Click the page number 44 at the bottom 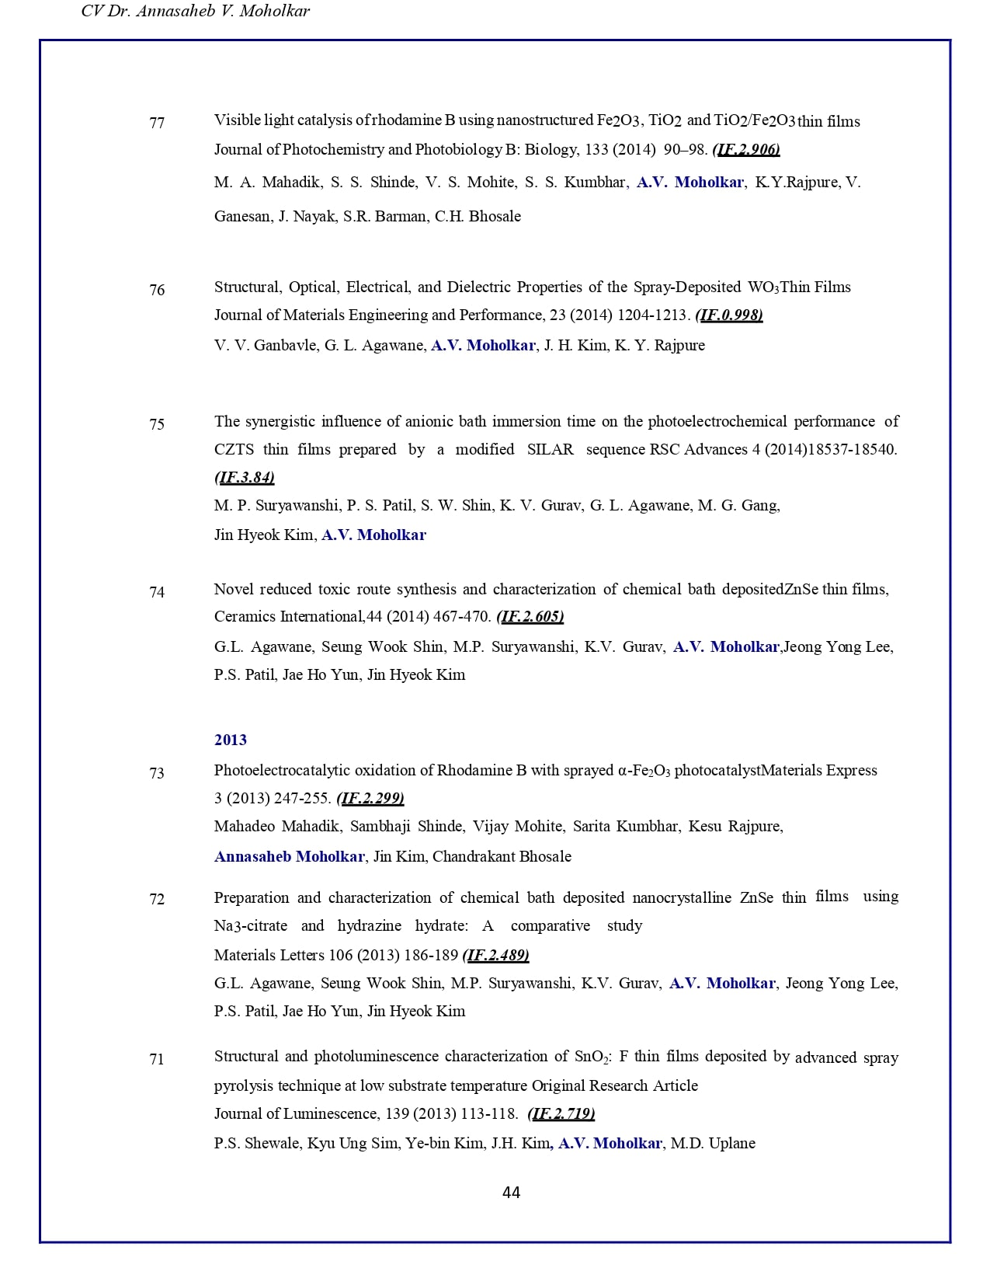point(511,1193)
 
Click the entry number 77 point(157,123)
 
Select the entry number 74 point(157,592)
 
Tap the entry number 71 point(157,1059)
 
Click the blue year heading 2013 point(231,740)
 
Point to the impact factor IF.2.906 point(746,149)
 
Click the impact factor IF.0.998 point(729,315)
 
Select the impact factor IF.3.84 point(245,477)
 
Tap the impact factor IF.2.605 point(530,616)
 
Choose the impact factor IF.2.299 point(370,798)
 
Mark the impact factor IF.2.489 point(495,955)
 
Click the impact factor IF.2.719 point(561,1113)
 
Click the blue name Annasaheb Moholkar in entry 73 point(290,856)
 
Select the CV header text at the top point(196,11)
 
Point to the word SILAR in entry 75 point(550,449)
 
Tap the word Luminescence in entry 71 point(330,1113)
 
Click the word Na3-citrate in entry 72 point(250,925)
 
